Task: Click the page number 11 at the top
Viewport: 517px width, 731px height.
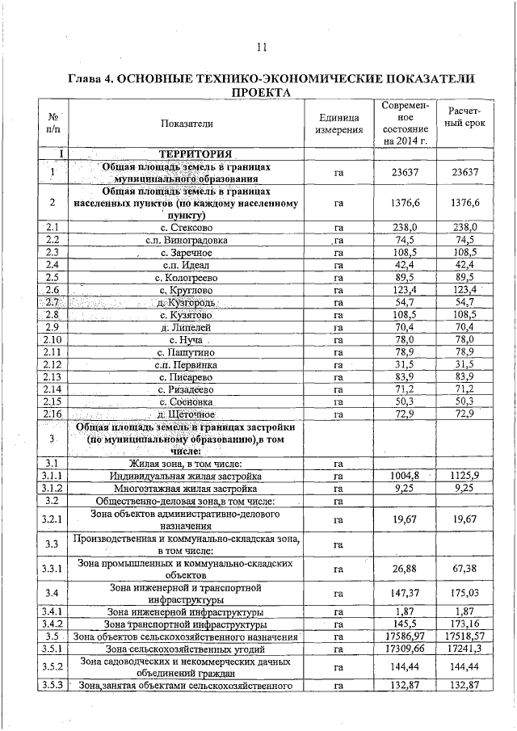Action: [x=261, y=46]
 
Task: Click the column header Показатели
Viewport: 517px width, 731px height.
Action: [x=187, y=124]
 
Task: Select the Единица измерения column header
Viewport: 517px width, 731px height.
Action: [x=338, y=124]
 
